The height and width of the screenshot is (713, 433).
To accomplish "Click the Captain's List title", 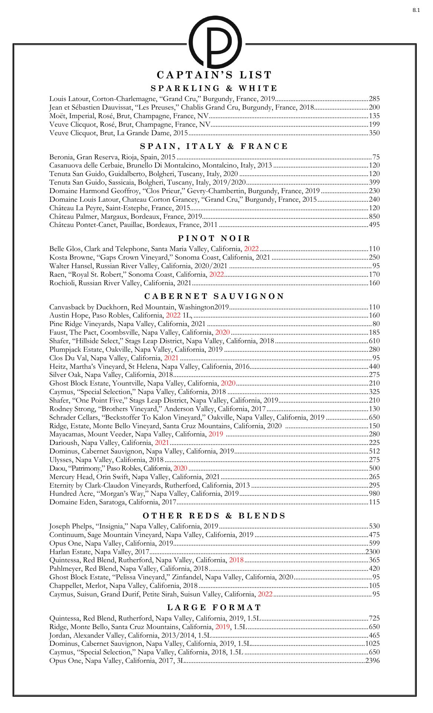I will [x=215, y=75].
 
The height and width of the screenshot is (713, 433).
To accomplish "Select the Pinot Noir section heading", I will [x=215, y=238].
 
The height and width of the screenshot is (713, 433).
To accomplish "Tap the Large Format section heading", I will [x=215, y=608].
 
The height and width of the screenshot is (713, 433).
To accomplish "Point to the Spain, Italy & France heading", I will [x=215, y=146].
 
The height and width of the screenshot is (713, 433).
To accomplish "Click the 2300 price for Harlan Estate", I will [x=372, y=552].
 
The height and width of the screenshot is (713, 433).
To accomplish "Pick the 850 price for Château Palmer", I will [x=374, y=216].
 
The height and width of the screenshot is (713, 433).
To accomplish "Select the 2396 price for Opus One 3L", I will [x=372, y=661].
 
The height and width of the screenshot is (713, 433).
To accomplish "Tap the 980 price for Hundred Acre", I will [x=374, y=494].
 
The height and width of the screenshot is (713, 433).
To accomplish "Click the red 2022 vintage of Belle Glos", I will [x=251, y=249].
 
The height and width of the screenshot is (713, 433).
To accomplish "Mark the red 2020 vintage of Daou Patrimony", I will [x=180, y=468].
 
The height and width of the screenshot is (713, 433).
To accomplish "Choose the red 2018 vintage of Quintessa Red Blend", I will [x=236, y=560].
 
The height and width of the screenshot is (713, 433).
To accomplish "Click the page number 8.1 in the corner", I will [x=416, y=10].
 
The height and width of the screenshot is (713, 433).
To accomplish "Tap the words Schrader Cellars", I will [x=74, y=417].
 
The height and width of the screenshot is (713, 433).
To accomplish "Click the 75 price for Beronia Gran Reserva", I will [x=376, y=157].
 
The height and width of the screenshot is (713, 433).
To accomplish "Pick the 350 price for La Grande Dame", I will [x=374, y=133].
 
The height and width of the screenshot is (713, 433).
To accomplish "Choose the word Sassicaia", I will [x=121, y=182].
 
